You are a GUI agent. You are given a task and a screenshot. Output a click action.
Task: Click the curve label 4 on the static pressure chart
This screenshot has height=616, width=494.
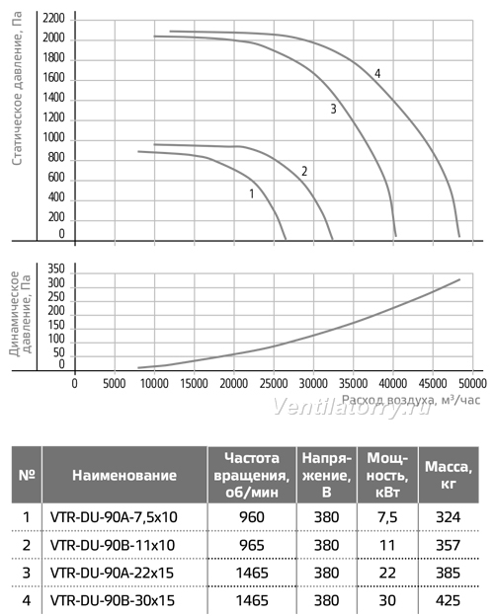pos(377,73)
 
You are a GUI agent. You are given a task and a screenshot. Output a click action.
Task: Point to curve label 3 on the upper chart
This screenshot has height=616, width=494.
pos(333,109)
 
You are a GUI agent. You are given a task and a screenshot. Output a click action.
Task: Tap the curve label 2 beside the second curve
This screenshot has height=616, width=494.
pos(304,172)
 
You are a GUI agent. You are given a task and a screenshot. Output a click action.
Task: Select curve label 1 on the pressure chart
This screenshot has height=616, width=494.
pos(252,193)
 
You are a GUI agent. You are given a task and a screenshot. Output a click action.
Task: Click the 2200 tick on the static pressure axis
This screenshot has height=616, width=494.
pos(53,19)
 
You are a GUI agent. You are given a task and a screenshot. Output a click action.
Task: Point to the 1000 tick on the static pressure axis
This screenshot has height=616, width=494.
pos(53,137)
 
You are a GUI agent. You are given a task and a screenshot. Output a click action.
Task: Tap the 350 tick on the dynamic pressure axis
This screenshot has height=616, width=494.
pos(56,269)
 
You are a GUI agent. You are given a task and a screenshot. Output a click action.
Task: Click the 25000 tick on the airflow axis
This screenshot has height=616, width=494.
pos(274,383)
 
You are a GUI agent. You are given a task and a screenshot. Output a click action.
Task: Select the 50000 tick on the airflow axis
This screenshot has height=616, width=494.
pos(472,383)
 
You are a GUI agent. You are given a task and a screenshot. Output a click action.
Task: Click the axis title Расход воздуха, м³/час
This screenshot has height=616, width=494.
pos(411,400)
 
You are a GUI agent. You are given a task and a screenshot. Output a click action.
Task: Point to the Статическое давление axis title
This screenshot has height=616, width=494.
pos(17,89)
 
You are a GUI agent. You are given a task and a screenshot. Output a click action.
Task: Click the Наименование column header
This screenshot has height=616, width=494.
pos(124,476)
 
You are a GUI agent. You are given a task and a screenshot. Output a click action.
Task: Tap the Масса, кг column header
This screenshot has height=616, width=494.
pos(449,475)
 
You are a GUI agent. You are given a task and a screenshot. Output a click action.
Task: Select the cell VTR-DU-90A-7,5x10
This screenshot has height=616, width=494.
pos(114,517)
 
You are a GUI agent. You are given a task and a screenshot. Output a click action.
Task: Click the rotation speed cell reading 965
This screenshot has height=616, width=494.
pos(252,545)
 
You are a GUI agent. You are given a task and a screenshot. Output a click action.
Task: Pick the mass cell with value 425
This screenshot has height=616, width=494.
pos(448,600)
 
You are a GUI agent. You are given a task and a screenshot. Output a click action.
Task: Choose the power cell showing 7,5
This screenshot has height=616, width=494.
pos(387,517)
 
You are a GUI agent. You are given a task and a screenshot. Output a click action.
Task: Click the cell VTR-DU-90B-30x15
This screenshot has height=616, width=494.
pos(113,600)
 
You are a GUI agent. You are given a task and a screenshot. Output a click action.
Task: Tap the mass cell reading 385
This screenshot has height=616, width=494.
pos(448,573)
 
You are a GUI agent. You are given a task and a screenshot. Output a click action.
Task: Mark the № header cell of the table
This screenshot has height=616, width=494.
pos(27,475)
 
